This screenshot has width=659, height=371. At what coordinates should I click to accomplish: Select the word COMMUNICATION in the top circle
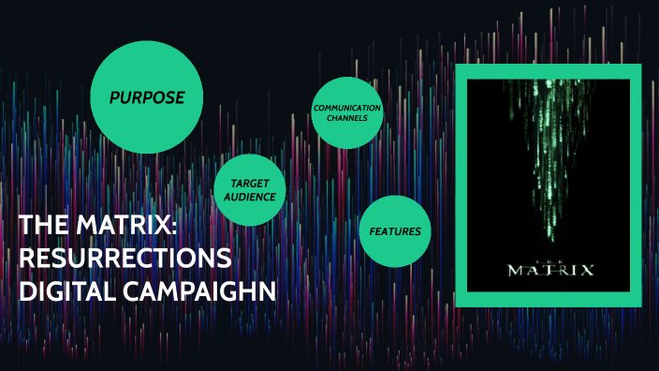click(x=347, y=108)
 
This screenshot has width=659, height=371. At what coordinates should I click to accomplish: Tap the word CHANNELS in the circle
click(x=347, y=118)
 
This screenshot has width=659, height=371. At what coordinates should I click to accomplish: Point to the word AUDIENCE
click(x=249, y=197)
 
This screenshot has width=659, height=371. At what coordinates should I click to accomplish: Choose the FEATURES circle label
click(x=394, y=231)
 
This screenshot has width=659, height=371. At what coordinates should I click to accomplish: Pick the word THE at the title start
click(x=41, y=226)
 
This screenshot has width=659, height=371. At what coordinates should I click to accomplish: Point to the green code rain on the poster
click(x=549, y=141)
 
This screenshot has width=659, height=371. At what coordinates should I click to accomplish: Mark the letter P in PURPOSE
click(x=113, y=97)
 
